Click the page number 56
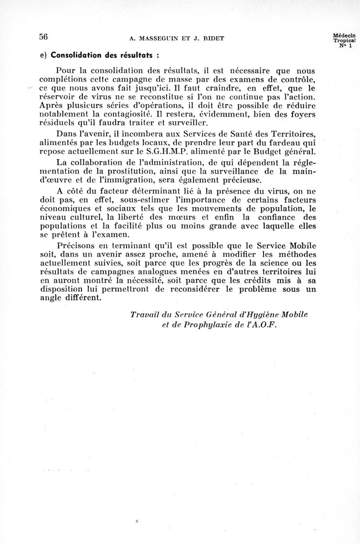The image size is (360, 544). click(43, 37)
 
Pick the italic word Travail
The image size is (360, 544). click(145, 314)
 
